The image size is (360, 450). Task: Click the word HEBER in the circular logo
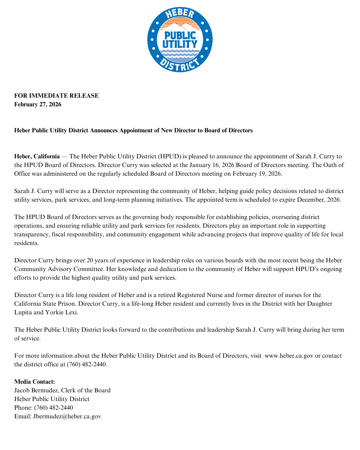pos(180,14)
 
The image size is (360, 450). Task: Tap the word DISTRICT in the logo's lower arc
pos(180,65)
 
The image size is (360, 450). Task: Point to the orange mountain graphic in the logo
pos(180,26)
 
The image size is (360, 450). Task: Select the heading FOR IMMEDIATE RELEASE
pos(56,96)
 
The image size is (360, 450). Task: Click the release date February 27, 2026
pos(38,104)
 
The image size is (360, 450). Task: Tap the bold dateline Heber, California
pos(37,156)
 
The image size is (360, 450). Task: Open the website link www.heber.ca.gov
pos(289,356)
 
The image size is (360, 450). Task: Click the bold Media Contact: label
pos(34,382)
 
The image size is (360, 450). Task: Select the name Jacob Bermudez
pos(36,390)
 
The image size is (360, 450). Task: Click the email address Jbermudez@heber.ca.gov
pos(67,416)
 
